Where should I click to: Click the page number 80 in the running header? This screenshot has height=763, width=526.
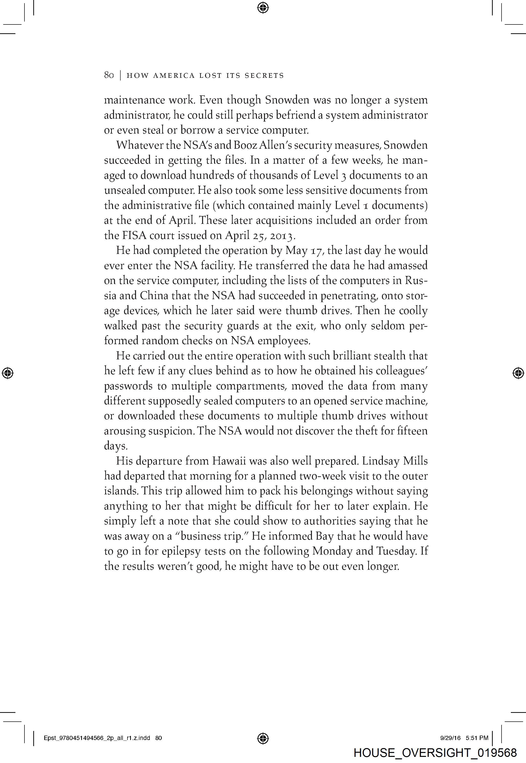pyautogui.click(x=109, y=75)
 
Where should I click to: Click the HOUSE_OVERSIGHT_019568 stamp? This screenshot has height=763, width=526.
pyautogui.click(x=435, y=753)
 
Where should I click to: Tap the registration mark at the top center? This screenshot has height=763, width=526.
pyautogui.click(x=263, y=8)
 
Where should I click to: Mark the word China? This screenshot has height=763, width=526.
pyautogui.click(x=154, y=296)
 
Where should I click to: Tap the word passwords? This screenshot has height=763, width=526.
pyautogui.click(x=128, y=386)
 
